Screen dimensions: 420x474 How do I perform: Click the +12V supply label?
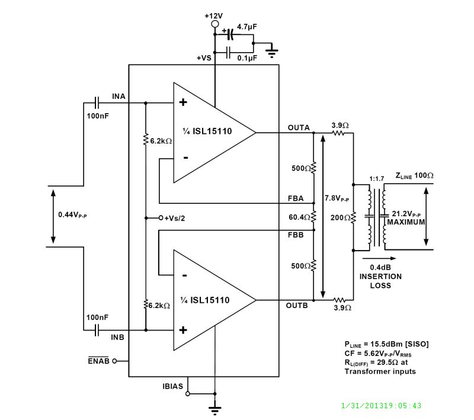coord(214,15)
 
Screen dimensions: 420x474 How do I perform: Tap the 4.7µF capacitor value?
coord(247,27)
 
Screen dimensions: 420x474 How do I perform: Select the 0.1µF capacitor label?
coord(247,58)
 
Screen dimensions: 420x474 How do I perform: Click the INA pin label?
coord(118,96)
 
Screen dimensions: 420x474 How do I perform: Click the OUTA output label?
coord(299,127)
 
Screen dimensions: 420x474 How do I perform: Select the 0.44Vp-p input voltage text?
coord(72,214)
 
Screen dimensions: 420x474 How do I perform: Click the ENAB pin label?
coord(98,361)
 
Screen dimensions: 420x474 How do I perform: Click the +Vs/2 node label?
coord(175,218)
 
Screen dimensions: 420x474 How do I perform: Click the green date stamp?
coord(382,406)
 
